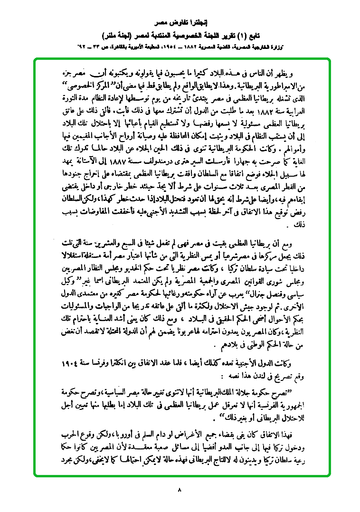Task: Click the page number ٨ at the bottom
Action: click(x=180, y=489)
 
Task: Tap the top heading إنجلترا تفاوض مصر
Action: click(x=180, y=22)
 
